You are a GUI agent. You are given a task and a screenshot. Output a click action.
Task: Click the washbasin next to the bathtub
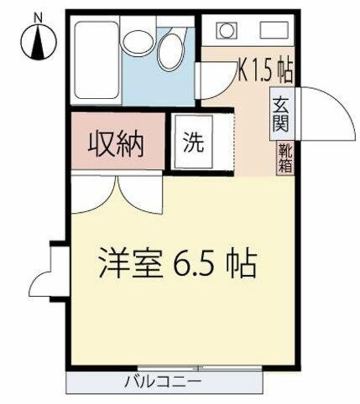(136, 43)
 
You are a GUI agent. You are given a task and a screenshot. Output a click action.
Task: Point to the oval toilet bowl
(169, 53)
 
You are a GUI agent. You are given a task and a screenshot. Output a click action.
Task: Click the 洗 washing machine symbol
(193, 144)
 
